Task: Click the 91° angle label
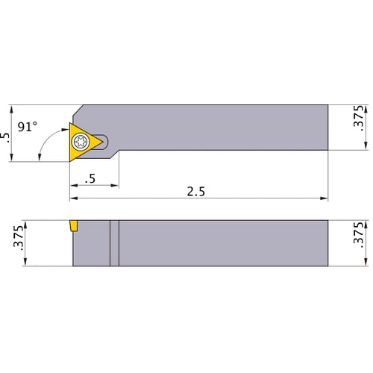pyautogui.click(x=28, y=127)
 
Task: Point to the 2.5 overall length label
pyautogui.click(x=197, y=192)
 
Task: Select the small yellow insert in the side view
pyautogui.click(x=75, y=225)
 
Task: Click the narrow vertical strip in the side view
pyautogui.click(x=114, y=242)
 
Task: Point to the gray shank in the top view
pyautogui.click(x=224, y=127)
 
